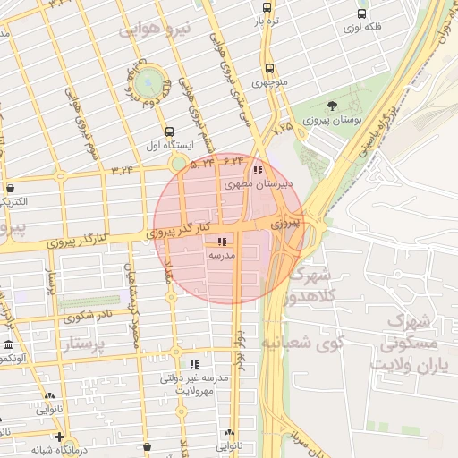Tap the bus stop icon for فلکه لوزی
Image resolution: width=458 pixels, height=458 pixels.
(x=361, y=14)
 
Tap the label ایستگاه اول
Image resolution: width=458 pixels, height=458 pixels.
(x=168, y=145)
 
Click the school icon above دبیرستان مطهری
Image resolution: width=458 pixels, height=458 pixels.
(x=258, y=170)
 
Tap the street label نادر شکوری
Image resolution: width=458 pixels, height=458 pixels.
(x=87, y=316)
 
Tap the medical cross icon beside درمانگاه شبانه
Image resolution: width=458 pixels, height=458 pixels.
(x=59, y=437)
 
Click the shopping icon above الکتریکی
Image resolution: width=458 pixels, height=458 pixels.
(x=10, y=189)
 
